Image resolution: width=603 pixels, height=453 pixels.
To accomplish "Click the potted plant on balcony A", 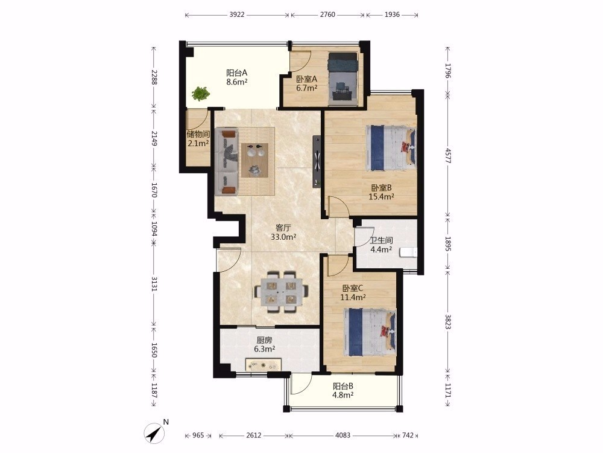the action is coord(201,93).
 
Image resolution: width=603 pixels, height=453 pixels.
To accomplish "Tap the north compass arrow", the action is coord(154,433).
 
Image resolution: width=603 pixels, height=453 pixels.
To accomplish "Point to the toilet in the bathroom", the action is coord(408,252).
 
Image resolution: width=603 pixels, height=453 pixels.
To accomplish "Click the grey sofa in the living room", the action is coord(227,162).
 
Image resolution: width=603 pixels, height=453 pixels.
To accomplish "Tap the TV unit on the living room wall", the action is coord(317,161).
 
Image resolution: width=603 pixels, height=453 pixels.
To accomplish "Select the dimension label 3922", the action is coord(237,14).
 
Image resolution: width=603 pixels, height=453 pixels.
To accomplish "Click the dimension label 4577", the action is coord(447,155).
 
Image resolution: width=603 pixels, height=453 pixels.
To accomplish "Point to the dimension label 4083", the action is coord(343,435).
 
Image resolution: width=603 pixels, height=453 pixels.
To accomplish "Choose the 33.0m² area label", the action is coord(283,237).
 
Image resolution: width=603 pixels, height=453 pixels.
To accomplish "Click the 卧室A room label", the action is coord(306,79).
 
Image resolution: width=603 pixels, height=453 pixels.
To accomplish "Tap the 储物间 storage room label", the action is coord(198,134).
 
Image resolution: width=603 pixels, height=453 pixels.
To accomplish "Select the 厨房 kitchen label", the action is coord(264,340).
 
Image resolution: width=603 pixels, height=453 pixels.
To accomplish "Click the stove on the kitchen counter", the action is coord(264,364).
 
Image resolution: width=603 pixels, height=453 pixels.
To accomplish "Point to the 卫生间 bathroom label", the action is coord(381,240).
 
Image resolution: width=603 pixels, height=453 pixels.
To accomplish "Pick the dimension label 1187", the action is coord(154,391).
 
